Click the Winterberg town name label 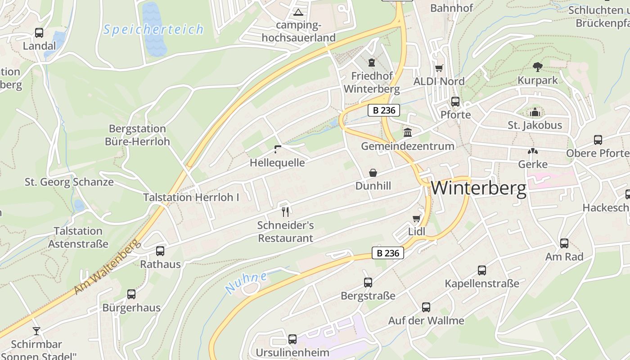pos(478,188)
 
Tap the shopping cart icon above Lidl pos(417,218)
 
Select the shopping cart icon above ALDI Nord pos(439,68)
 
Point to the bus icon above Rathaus pos(160,251)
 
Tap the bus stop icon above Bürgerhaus pos(131,294)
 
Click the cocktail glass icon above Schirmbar pos(36,331)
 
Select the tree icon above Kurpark pos(537,67)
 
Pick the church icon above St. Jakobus pos(535,112)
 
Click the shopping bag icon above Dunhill pos(373,173)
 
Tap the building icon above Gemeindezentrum pos(408,133)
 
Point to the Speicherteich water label pos(153,30)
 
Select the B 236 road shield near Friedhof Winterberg pos(384,110)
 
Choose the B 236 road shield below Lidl pos(388,253)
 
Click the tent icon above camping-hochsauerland pos(298,12)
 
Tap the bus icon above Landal pos(39,33)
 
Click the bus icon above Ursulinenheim pos(292,339)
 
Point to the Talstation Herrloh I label pos(191,197)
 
